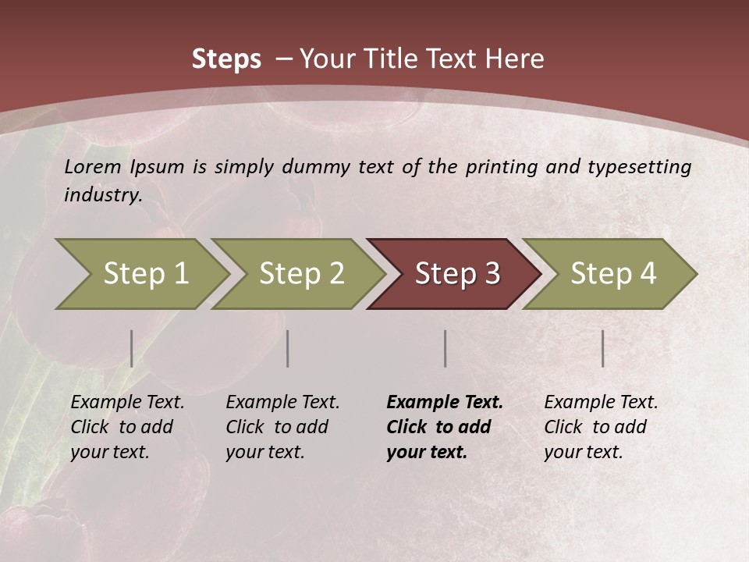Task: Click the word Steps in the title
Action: (226, 59)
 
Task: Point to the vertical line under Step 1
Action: (132, 348)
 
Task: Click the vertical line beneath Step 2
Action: (288, 348)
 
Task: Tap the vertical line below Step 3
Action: (445, 348)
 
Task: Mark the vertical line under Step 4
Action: (603, 348)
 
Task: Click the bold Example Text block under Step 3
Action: (444, 427)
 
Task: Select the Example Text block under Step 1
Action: (127, 427)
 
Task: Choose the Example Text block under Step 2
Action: (282, 427)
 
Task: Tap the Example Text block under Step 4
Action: (601, 427)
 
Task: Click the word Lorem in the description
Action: (93, 166)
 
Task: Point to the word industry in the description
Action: (102, 195)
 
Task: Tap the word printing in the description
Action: (502, 167)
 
